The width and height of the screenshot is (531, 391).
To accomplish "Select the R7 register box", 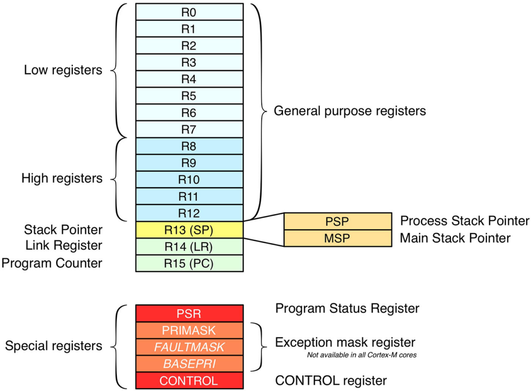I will (x=189, y=130).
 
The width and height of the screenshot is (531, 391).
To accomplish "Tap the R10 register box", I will (x=189, y=179).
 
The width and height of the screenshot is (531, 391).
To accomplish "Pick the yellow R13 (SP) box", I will (x=189, y=230).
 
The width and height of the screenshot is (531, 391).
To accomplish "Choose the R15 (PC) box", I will (x=189, y=263).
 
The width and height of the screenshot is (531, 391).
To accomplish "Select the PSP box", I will (x=337, y=221).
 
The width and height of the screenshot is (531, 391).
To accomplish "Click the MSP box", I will (x=337, y=238).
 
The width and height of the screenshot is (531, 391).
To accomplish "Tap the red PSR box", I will (x=189, y=313).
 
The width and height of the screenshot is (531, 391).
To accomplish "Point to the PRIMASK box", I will (x=189, y=330).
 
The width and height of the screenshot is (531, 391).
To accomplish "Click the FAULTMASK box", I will (x=189, y=347).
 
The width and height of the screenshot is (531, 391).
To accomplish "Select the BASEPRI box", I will (x=189, y=364).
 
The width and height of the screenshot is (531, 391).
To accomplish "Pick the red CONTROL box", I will (x=189, y=380).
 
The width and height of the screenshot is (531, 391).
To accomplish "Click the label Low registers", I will (x=63, y=70).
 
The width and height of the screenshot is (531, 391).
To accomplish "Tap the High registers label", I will (x=62, y=178).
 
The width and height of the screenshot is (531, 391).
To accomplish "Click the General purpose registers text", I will (x=349, y=111).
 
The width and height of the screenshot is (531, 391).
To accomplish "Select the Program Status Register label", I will (x=347, y=308).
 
